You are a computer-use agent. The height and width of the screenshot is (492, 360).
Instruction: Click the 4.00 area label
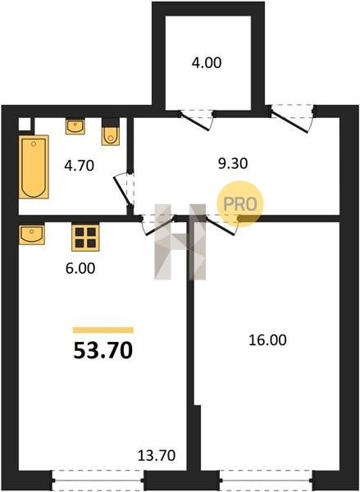pyautogui.click(x=207, y=63)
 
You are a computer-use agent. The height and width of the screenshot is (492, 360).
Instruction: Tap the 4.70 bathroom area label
pyautogui.click(x=79, y=166)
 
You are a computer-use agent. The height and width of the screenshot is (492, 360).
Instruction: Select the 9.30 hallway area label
pyautogui.click(x=233, y=163)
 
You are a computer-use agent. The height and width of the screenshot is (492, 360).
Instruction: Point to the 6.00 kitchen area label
pyautogui.click(x=80, y=269)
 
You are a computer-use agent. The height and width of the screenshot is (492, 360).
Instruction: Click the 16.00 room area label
pyautogui.click(x=267, y=340)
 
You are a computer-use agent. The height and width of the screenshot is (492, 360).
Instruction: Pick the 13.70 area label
pyautogui.click(x=157, y=455)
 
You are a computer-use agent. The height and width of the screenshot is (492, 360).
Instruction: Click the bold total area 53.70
pyautogui.click(x=103, y=350)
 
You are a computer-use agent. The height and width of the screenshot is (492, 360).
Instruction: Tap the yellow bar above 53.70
pyautogui.click(x=103, y=330)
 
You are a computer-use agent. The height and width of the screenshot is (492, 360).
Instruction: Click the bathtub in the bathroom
pyautogui.click(x=34, y=166)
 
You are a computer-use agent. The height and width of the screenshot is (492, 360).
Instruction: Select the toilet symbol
pyautogui.click(x=111, y=132)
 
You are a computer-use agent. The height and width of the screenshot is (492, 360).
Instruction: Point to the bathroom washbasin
pyautogui.click(x=75, y=126)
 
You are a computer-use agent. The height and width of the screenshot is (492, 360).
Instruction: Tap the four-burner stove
pyautogui.click(x=85, y=238)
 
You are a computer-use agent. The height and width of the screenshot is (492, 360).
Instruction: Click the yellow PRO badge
pyautogui.click(x=240, y=204)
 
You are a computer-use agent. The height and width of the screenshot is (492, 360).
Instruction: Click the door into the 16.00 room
pyautogui.click(x=221, y=225)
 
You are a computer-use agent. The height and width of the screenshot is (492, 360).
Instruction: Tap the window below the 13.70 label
pyautogui.click(x=98, y=481)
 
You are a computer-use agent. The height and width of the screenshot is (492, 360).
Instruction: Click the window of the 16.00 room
pyautogui.click(x=267, y=481)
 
